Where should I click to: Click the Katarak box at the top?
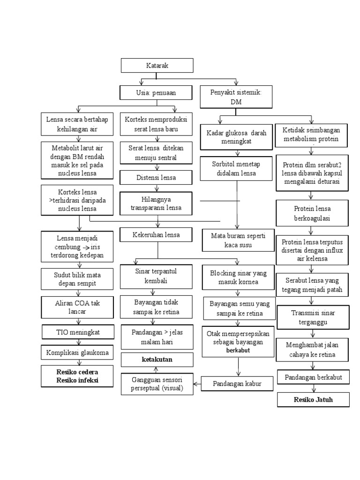pos(157,66)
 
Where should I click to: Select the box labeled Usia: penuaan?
pos(156,93)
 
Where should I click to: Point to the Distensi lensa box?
pos(156,178)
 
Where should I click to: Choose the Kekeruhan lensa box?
pos(156,234)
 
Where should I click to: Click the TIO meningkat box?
pos(78,332)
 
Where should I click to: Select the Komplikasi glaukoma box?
pos(78,352)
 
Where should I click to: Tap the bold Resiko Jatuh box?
pos(313,400)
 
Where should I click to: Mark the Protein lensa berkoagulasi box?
pos(312,213)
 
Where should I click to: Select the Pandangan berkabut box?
pos(313,377)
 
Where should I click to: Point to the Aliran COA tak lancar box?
pos(78,307)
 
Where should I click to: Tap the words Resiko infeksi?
pos(78,380)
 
